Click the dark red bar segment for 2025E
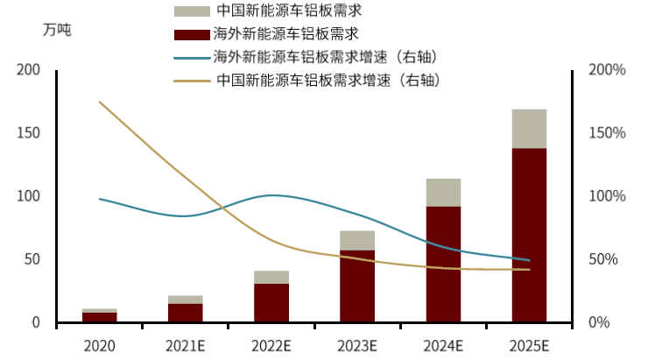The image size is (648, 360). click(x=529, y=235)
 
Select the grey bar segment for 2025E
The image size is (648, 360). click(x=529, y=129)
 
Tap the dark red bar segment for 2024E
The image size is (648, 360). click(x=443, y=264)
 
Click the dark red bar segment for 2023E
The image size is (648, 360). click(x=357, y=286)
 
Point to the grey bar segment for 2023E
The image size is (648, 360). click(x=357, y=241)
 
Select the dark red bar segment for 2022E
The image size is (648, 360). click(x=271, y=303)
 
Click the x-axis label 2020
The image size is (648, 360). click(x=99, y=345)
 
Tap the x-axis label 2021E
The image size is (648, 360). click(x=185, y=345)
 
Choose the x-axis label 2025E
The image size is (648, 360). click(x=529, y=345)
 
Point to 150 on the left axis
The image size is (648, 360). click(x=29, y=133)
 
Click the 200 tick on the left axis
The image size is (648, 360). click(x=29, y=70)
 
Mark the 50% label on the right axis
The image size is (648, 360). click(x=609, y=260)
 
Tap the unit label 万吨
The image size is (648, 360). click(x=56, y=29)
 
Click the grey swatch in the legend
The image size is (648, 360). click(x=192, y=11)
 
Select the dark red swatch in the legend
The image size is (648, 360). click(x=192, y=35)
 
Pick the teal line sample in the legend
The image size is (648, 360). click(x=192, y=58)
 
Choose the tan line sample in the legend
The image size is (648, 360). click(x=192, y=81)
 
